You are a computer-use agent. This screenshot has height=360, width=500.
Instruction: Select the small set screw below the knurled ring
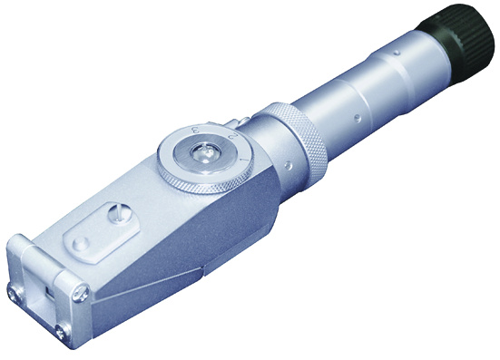(x=289, y=165)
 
